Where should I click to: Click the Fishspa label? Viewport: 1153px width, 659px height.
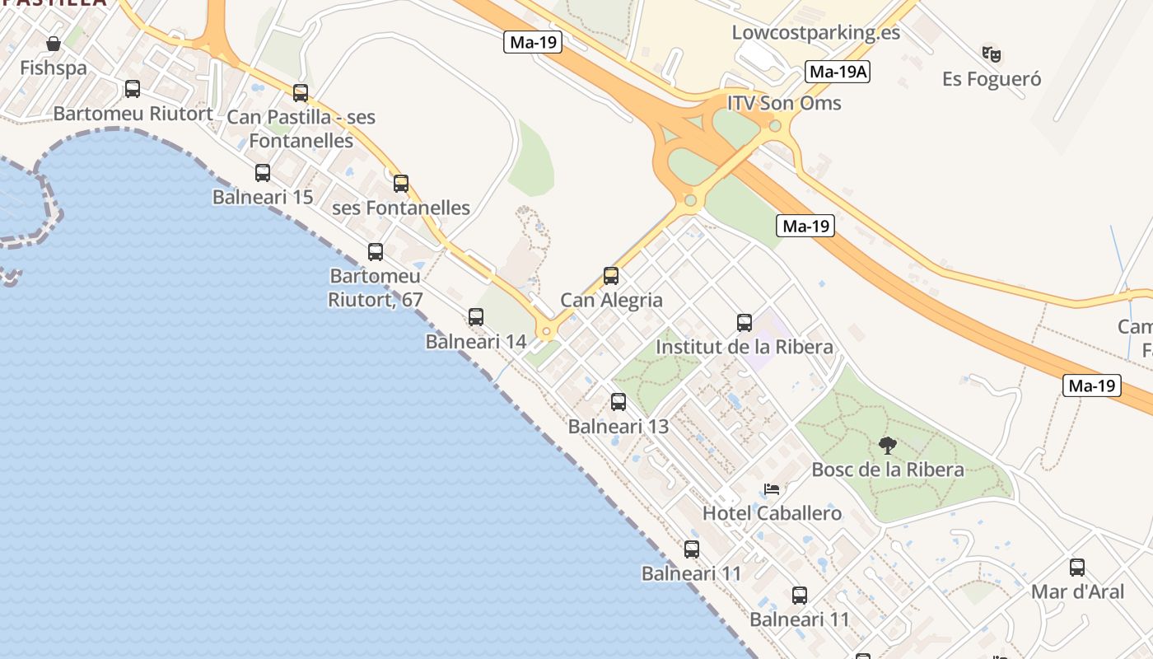(x=54, y=68)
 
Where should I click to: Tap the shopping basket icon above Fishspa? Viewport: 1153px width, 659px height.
(x=54, y=43)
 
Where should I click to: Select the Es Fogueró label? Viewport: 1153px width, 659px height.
(x=992, y=79)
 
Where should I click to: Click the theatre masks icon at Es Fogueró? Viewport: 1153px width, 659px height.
(x=992, y=54)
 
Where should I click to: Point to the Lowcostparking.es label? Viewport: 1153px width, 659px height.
(x=815, y=33)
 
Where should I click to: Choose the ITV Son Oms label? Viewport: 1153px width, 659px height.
(x=784, y=103)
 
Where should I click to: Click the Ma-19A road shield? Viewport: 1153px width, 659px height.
(x=838, y=72)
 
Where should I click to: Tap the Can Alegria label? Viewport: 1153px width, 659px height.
(x=611, y=300)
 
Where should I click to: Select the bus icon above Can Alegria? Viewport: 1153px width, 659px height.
(x=611, y=276)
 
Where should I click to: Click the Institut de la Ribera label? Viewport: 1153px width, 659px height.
(x=744, y=347)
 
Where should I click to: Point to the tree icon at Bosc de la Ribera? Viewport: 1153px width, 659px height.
(x=887, y=446)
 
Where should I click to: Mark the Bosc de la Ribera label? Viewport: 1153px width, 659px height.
(x=888, y=470)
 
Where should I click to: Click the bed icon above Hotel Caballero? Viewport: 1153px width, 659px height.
(x=772, y=489)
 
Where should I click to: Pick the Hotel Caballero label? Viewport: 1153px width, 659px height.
(x=772, y=513)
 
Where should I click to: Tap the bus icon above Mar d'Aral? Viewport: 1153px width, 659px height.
(x=1077, y=568)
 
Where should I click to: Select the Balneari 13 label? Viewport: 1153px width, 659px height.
(x=619, y=427)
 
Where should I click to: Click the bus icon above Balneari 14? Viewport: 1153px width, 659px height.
(x=476, y=317)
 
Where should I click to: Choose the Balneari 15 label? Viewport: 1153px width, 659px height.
(x=263, y=197)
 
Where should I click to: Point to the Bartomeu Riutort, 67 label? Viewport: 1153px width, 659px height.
(x=376, y=287)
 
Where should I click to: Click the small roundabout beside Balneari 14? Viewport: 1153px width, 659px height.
(x=546, y=332)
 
